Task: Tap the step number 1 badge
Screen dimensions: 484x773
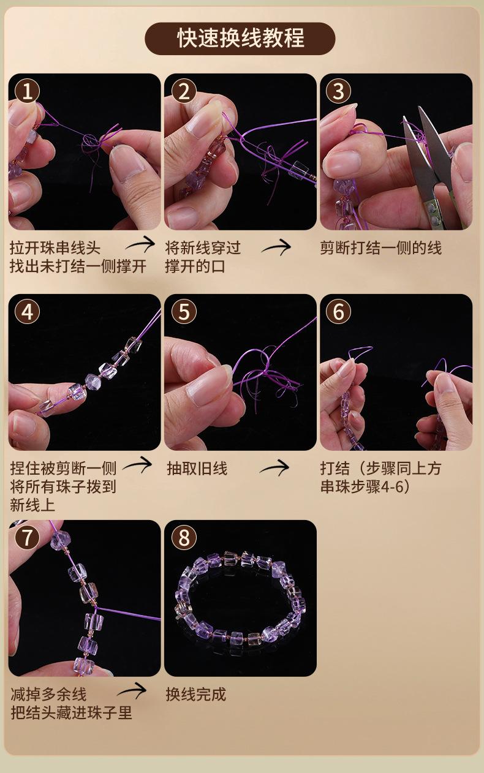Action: [x=28, y=91]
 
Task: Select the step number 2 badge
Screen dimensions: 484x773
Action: [x=184, y=91]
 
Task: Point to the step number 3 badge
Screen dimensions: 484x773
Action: [x=338, y=91]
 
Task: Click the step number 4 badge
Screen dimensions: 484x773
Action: [x=28, y=312]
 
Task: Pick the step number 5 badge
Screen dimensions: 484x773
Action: [x=184, y=312]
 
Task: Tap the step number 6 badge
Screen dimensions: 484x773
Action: [x=338, y=312]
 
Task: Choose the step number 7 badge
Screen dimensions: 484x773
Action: [x=28, y=537]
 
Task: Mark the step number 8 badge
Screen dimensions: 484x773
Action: [x=184, y=537]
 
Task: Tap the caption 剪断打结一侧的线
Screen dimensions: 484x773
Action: [x=381, y=248]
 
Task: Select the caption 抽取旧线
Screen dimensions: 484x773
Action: [x=197, y=469]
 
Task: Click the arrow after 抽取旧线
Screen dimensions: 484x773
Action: [x=276, y=467]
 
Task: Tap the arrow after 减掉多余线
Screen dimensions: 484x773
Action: [x=132, y=690]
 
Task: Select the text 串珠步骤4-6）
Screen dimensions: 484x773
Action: [x=365, y=487]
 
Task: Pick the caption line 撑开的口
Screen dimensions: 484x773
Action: [x=195, y=266]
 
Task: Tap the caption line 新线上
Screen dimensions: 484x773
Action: [x=32, y=505]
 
